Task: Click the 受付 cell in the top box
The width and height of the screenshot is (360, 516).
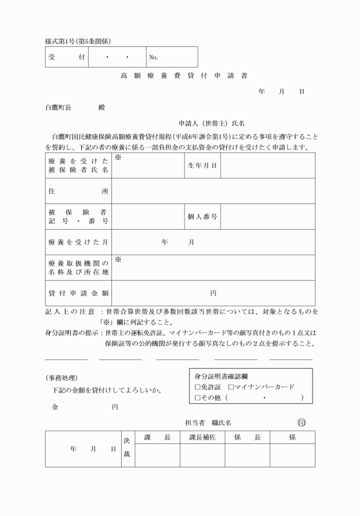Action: tap(67, 57)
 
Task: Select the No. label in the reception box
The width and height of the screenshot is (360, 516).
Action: tap(153, 57)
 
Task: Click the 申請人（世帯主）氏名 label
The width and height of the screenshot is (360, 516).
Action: tap(211, 123)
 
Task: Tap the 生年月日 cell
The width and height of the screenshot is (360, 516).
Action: tap(202, 166)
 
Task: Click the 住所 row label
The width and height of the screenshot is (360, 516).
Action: tap(78, 191)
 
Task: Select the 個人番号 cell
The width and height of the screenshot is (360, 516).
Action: tap(202, 217)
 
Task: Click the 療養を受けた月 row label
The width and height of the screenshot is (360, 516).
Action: tap(78, 242)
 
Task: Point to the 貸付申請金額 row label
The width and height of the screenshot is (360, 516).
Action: tap(78, 293)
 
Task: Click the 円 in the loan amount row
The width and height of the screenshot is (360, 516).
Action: tap(213, 293)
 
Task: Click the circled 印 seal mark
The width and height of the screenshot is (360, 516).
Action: tap(302, 423)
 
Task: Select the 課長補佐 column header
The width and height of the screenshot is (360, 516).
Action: tap(202, 437)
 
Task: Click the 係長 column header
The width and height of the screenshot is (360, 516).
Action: tap(247, 437)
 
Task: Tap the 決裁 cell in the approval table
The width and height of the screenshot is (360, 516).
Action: tap(127, 449)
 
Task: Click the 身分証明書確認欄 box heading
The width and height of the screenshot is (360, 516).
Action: tap(221, 376)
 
